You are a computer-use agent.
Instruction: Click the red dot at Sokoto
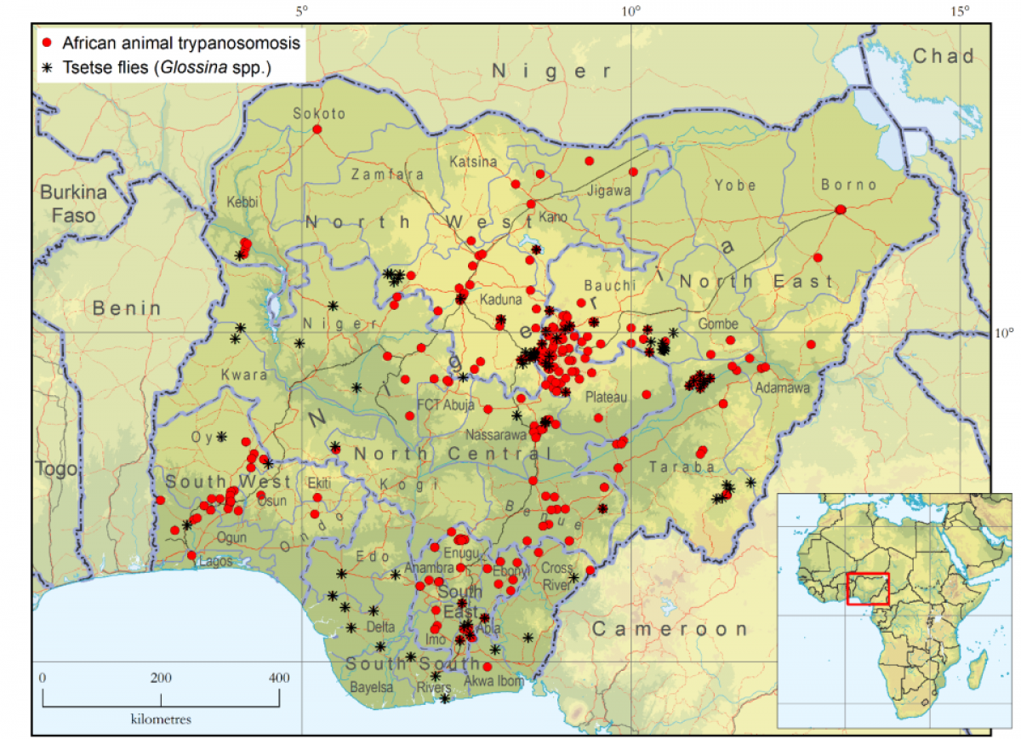pyautogui.click(x=317, y=129)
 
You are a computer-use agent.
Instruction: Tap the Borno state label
pyautogui.click(x=843, y=185)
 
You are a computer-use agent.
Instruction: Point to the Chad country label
pyautogui.click(x=943, y=56)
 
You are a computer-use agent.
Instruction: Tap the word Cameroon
pyautogui.click(x=670, y=629)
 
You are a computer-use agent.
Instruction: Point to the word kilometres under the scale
pyautogui.click(x=161, y=719)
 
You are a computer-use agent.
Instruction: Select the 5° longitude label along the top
pyautogui.click(x=300, y=11)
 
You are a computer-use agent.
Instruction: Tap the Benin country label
pyautogui.click(x=128, y=308)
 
